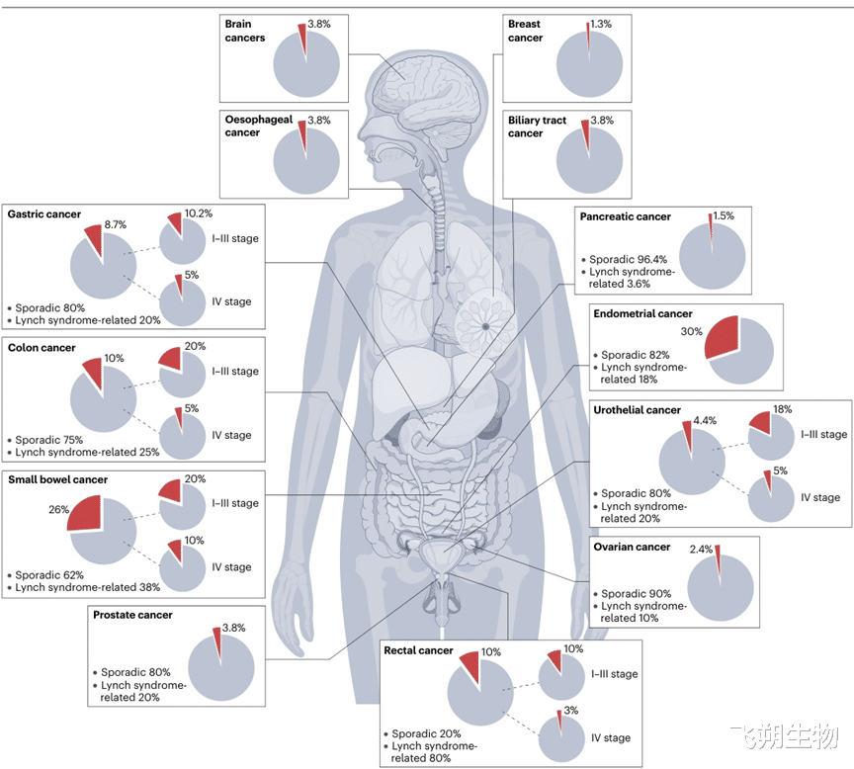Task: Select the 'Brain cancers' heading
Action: (244, 31)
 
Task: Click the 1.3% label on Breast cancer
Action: (601, 24)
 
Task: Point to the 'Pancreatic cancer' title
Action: (626, 216)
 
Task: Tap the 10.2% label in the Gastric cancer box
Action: (199, 213)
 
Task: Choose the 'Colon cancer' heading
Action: (42, 348)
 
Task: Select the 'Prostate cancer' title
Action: (132, 615)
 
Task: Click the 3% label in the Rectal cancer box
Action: (570, 710)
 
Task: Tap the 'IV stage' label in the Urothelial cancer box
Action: (820, 497)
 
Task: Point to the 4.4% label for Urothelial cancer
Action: (705, 420)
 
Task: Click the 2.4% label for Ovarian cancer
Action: (701, 549)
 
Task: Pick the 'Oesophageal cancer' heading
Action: (259, 126)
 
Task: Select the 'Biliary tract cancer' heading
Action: (537, 127)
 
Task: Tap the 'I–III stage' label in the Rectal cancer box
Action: (615, 674)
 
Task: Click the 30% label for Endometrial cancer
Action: (691, 331)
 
